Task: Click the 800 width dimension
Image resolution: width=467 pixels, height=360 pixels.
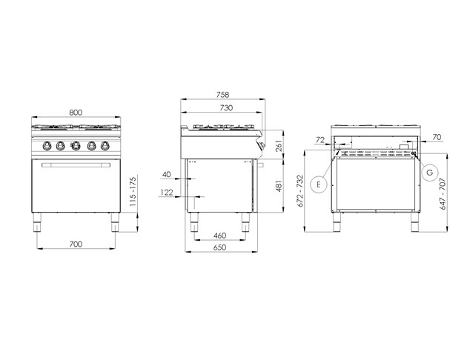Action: click(x=76, y=113)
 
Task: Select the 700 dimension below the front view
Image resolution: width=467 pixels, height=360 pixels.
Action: click(x=76, y=244)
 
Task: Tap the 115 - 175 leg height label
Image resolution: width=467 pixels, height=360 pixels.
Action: click(x=133, y=192)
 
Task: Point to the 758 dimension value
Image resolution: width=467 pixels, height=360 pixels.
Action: click(x=223, y=95)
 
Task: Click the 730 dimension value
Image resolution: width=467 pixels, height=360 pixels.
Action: click(x=226, y=107)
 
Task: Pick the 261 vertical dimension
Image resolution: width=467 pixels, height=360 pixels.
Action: click(x=279, y=146)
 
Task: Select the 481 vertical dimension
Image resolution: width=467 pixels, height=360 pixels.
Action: click(x=279, y=186)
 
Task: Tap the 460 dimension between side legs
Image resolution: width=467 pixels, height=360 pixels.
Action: click(x=220, y=236)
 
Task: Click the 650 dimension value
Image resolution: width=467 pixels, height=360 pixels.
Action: click(x=220, y=247)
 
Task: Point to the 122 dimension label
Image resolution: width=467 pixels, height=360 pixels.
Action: click(x=167, y=193)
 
